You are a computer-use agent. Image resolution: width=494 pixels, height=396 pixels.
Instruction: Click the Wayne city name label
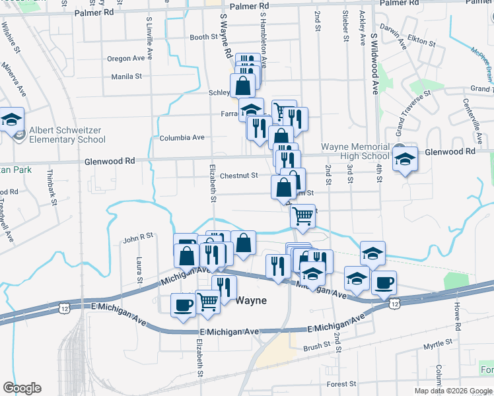(252, 300)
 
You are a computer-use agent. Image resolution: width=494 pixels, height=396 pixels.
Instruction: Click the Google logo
(22, 388)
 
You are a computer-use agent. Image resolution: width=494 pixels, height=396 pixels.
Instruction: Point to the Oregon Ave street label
(125, 59)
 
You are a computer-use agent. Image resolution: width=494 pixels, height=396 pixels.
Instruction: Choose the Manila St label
(126, 77)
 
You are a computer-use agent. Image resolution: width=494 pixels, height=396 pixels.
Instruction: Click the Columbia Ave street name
(182, 138)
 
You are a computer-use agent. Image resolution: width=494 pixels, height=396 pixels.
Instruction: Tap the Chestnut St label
(238, 176)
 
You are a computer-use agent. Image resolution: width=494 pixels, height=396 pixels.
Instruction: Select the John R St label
(137, 235)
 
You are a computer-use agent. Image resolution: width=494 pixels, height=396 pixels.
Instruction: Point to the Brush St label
(317, 346)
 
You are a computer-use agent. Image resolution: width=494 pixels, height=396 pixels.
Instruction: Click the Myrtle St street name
(437, 343)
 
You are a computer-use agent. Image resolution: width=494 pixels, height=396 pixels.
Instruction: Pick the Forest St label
(341, 383)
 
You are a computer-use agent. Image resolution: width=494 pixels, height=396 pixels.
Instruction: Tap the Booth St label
(203, 38)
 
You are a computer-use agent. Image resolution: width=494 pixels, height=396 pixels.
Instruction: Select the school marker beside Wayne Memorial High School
(405, 158)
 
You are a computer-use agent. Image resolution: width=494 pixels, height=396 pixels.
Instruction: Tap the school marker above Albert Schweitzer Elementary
(11, 119)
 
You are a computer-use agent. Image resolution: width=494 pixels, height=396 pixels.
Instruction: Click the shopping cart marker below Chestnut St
(302, 214)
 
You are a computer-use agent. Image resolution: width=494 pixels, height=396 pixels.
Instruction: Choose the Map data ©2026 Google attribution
(452, 391)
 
